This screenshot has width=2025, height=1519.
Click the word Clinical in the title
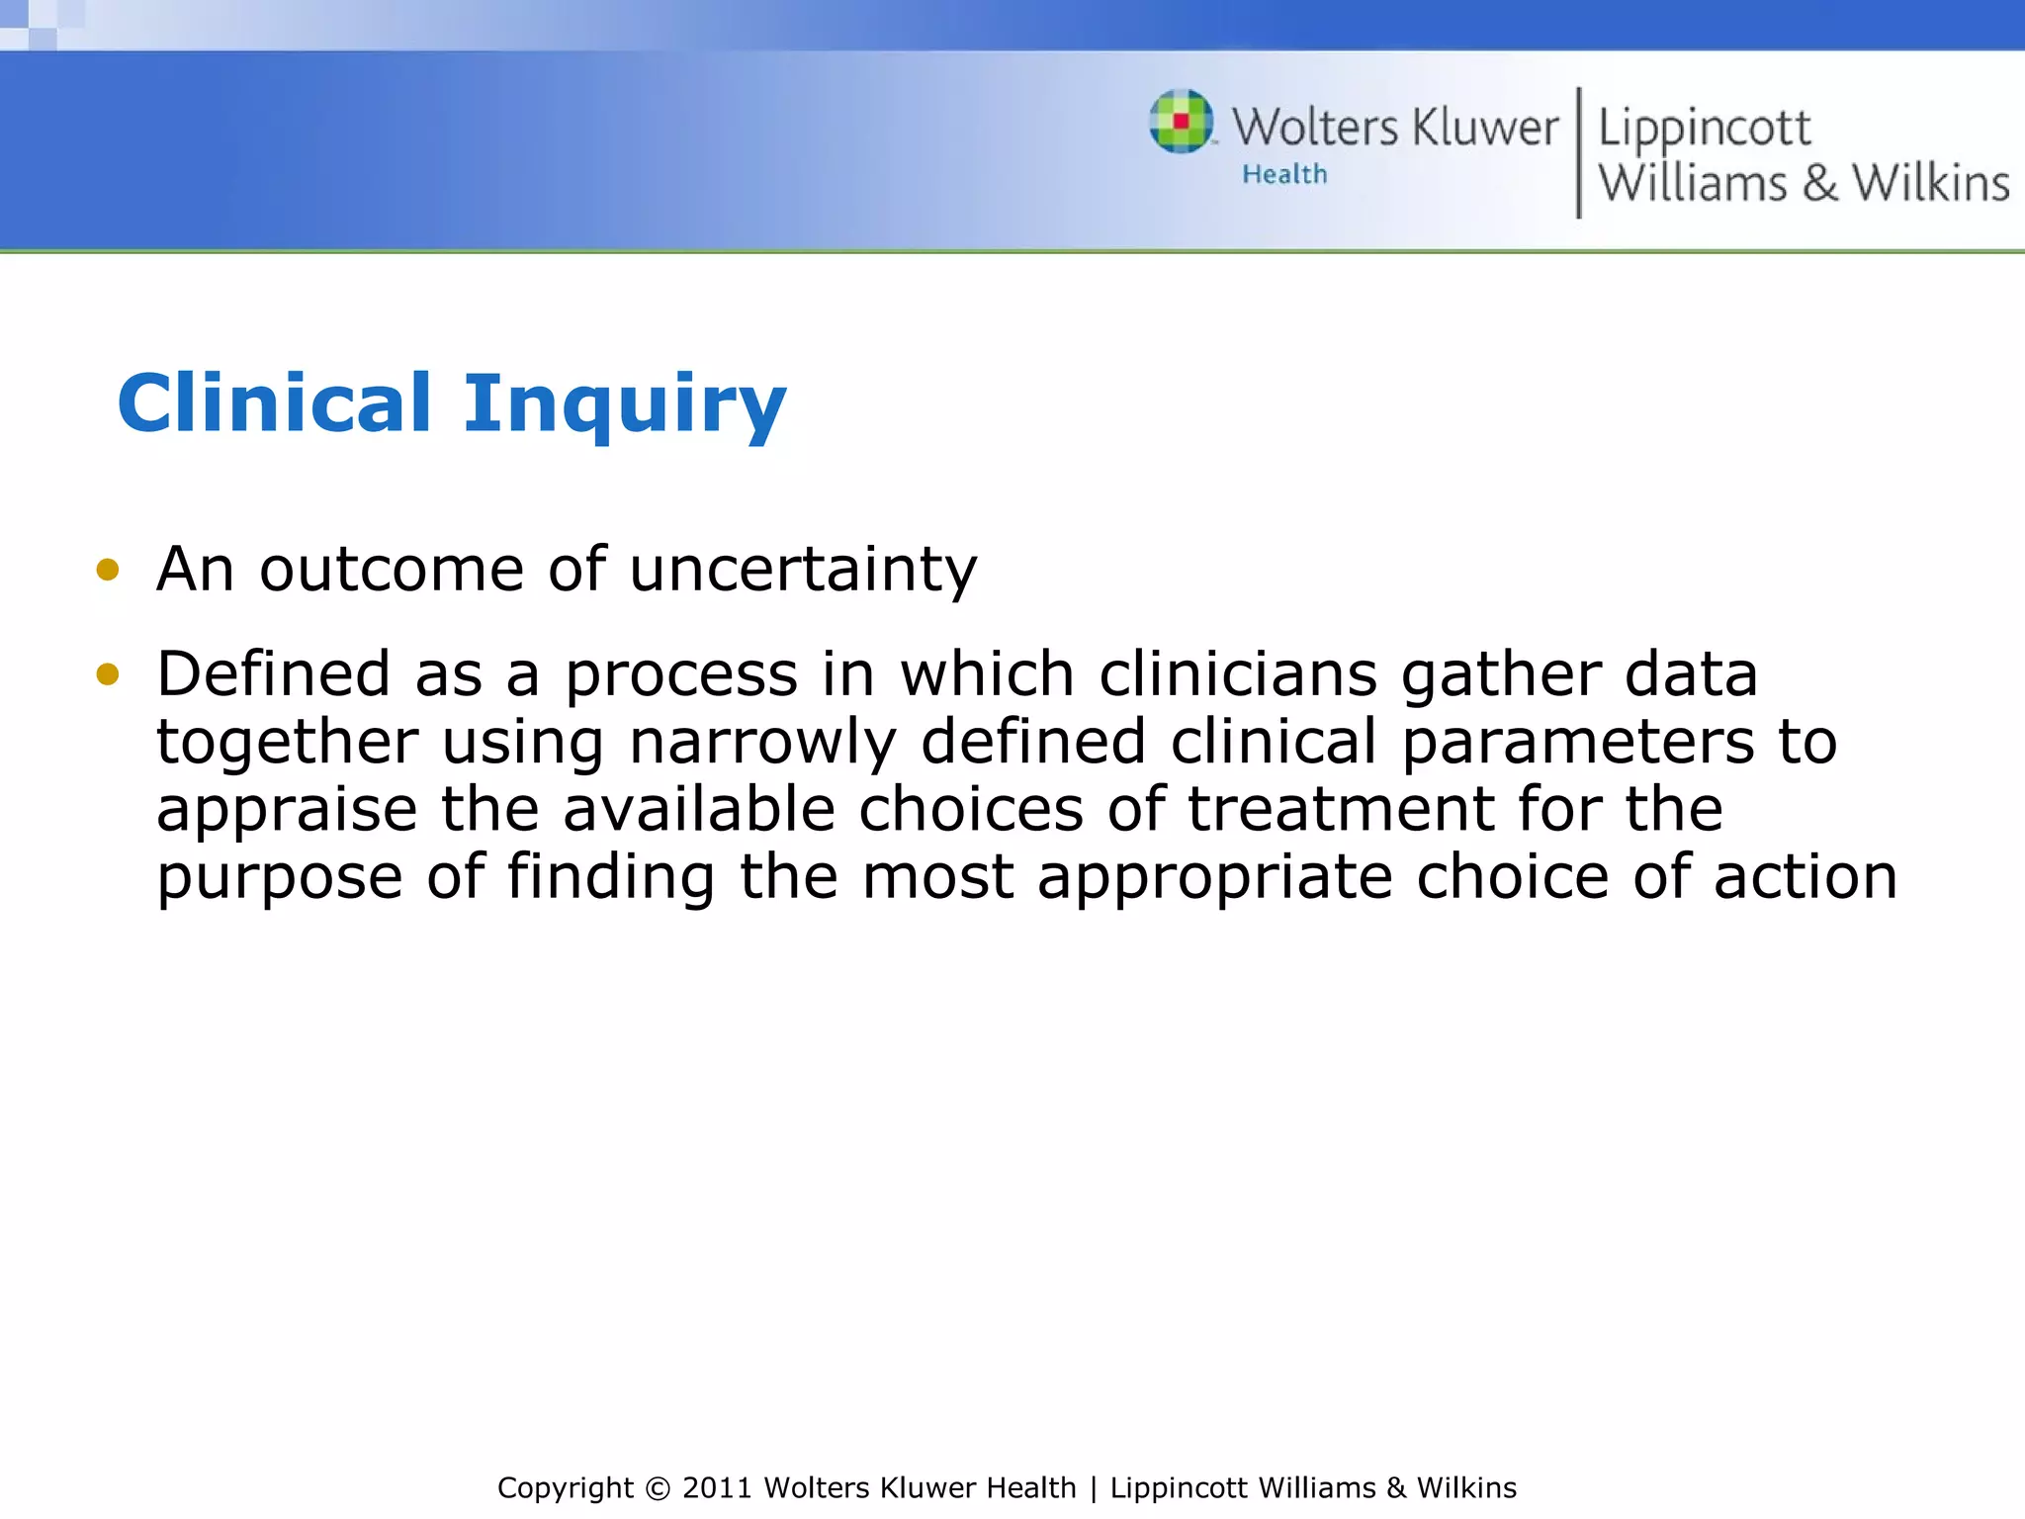(274, 402)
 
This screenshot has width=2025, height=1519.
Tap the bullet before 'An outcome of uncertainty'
(107, 570)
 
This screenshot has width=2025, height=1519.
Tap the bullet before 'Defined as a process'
(107, 674)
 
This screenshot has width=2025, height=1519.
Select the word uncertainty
(802, 571)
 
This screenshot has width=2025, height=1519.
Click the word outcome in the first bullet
(391, 571)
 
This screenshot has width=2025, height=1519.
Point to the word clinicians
(1238, 674)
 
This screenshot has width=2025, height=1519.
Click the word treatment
(1340, 809)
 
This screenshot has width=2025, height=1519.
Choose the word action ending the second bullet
(1805, 877)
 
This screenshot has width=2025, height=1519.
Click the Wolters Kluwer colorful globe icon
(1181, 122)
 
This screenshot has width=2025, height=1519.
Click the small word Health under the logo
(1283, 174)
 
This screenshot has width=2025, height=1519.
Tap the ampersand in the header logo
(1819, 184)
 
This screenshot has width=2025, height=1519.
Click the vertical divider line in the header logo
(1578, 152)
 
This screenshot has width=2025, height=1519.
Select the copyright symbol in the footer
(657, 1488)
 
